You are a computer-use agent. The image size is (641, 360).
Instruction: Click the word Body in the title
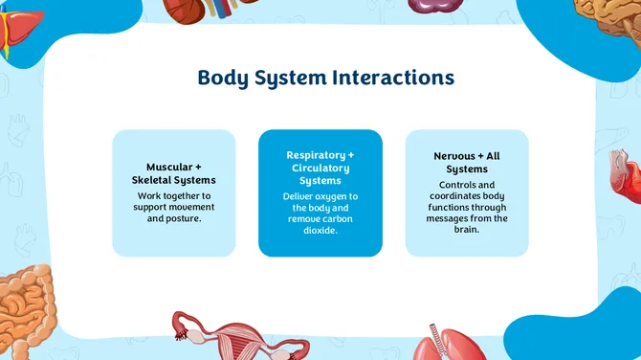[x=223, y=78]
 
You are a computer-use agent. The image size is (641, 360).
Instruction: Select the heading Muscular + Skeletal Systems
[x=174, y=173]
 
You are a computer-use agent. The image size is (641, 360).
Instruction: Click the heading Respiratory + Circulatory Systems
[x=320, y=168]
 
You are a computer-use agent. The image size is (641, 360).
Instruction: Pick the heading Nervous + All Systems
[x=466, y=162]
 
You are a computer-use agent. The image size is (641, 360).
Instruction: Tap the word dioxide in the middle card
[x=320, y=231]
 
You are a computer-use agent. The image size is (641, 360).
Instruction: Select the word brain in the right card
[x=467, y=230]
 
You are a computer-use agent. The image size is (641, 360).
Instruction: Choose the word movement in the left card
[x=189, y=207]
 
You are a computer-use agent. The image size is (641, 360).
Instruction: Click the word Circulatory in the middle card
[x=320, y=168]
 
